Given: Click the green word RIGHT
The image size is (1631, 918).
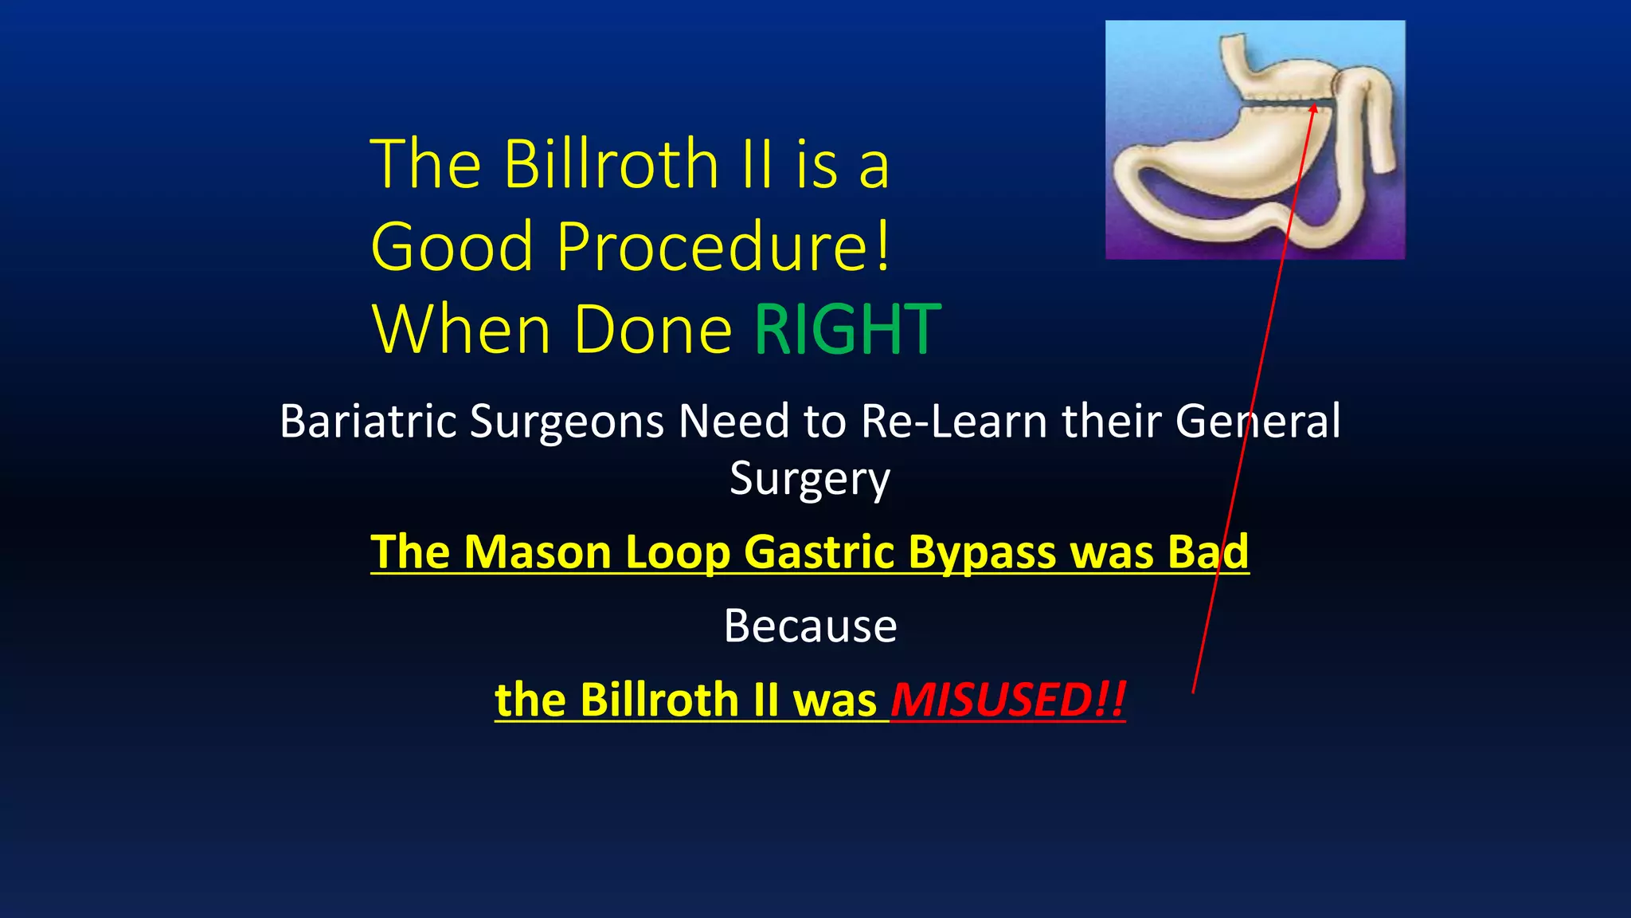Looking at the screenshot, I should click(847, 330).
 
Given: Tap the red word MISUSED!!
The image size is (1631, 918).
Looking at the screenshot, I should click(1008, 700).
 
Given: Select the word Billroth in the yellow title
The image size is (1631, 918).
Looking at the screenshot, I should click(612, 164).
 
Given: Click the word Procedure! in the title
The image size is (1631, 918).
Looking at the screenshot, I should click(723, 247).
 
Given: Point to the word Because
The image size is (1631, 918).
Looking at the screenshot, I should click(810, 626).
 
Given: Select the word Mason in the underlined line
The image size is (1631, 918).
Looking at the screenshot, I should click(538, 551).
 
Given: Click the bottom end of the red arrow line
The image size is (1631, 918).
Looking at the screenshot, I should click(1193, 692).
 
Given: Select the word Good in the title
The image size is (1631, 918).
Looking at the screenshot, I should click(452, 247).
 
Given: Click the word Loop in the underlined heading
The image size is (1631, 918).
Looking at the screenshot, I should click(678, 551).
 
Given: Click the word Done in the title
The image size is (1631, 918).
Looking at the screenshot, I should click(652, 330).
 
